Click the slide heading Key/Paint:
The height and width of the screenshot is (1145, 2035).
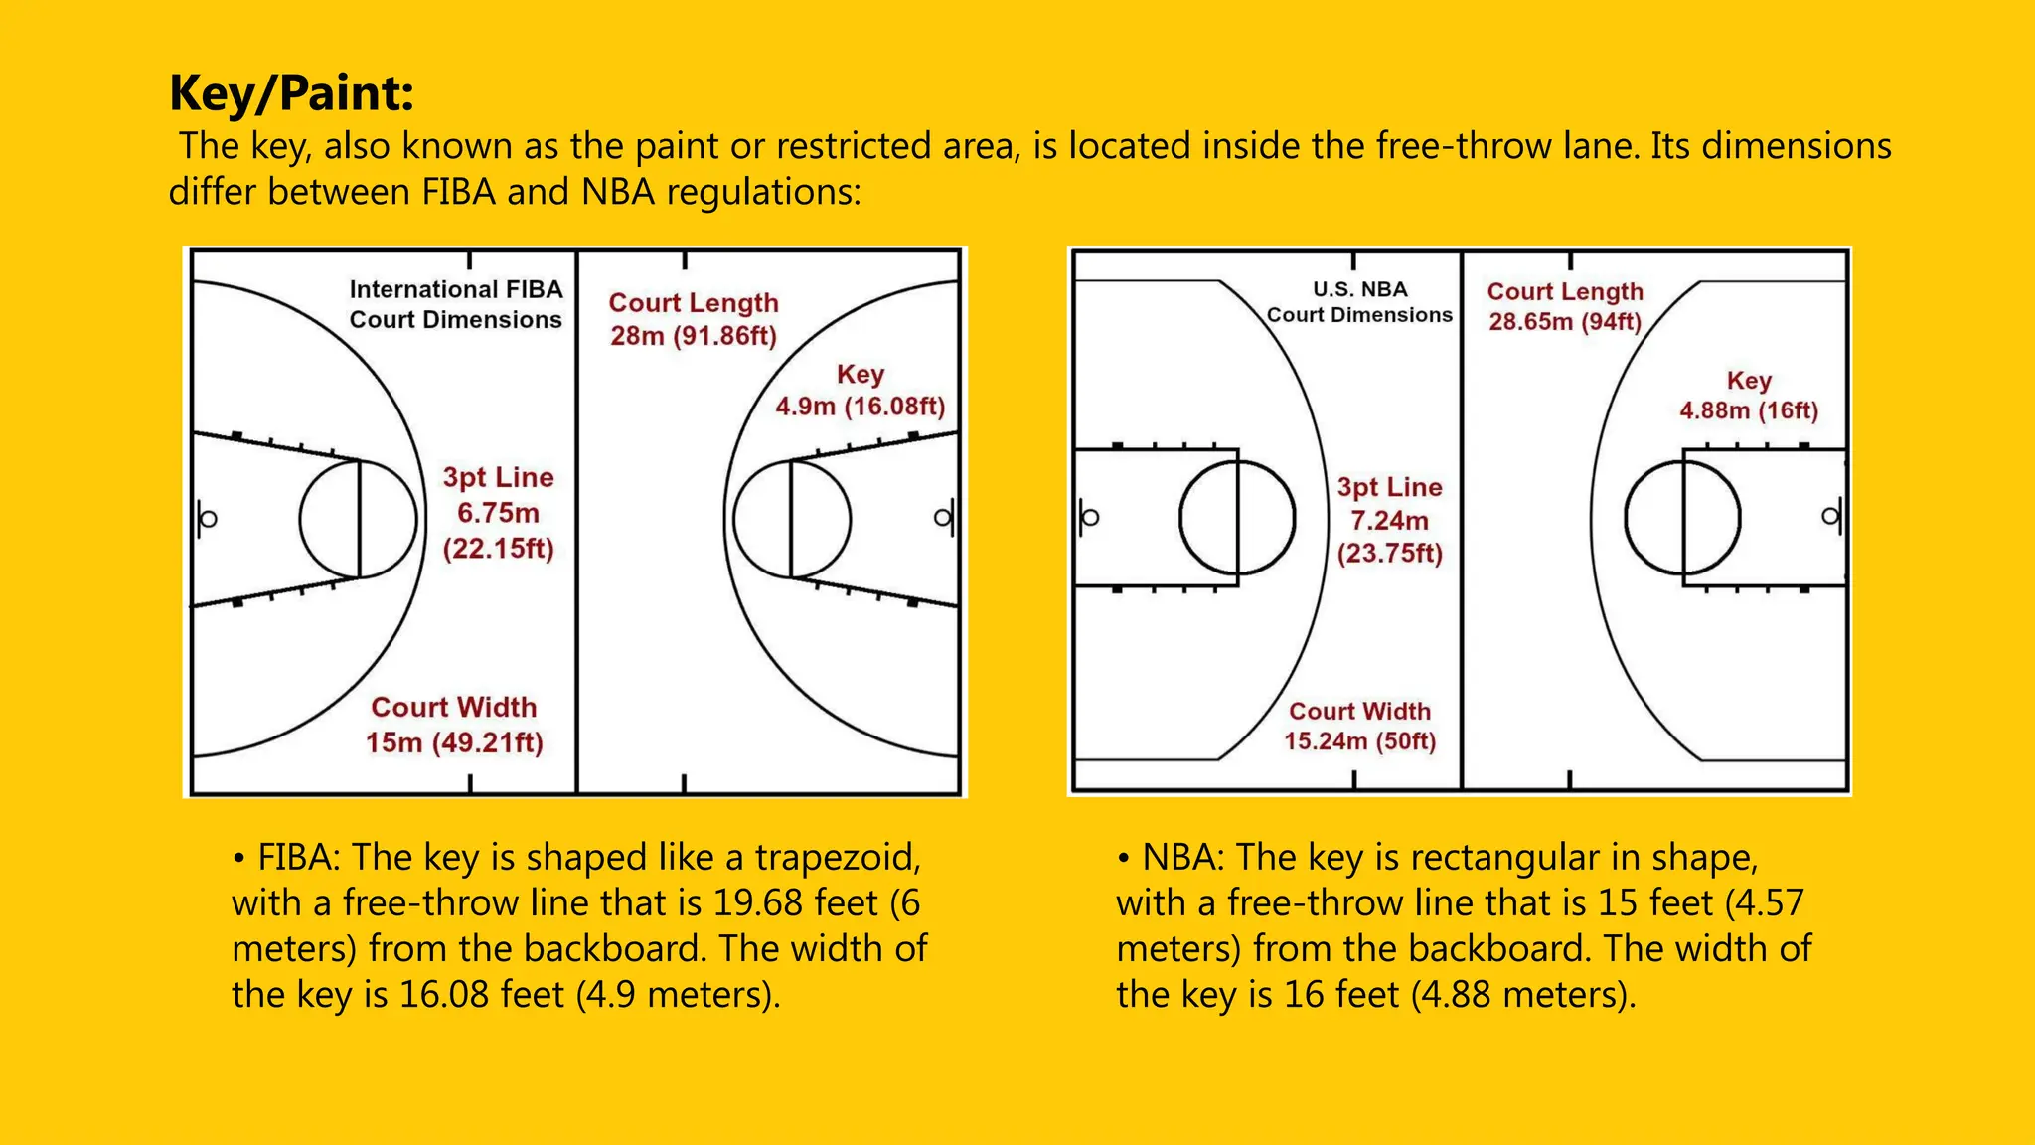click(291, 93)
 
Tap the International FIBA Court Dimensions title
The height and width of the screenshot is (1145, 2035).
click(455, 304)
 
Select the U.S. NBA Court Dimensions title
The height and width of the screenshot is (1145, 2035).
click(1359, 302)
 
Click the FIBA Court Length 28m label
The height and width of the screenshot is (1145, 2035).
click(694, 319)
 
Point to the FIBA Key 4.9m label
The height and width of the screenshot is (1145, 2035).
click(860, 391)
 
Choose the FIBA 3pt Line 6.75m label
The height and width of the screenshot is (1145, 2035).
click(498, 513)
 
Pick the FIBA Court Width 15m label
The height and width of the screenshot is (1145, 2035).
click(454, 725)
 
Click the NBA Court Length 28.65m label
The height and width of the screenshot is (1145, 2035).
click(1565, 306)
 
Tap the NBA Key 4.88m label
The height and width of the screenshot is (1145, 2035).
click(1749, 396)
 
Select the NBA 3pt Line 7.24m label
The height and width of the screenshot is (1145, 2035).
click(1389, 520)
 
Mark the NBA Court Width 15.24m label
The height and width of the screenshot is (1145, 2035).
click(1359, 726)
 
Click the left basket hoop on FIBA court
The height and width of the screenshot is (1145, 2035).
click(208, 519)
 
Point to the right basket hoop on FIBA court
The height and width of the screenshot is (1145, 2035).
click(942, 518)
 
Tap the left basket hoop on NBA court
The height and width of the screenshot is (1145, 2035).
click(1090, 517)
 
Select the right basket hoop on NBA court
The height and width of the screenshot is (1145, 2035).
click(1829, 517)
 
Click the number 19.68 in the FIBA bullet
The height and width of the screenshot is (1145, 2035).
click(759, 902)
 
